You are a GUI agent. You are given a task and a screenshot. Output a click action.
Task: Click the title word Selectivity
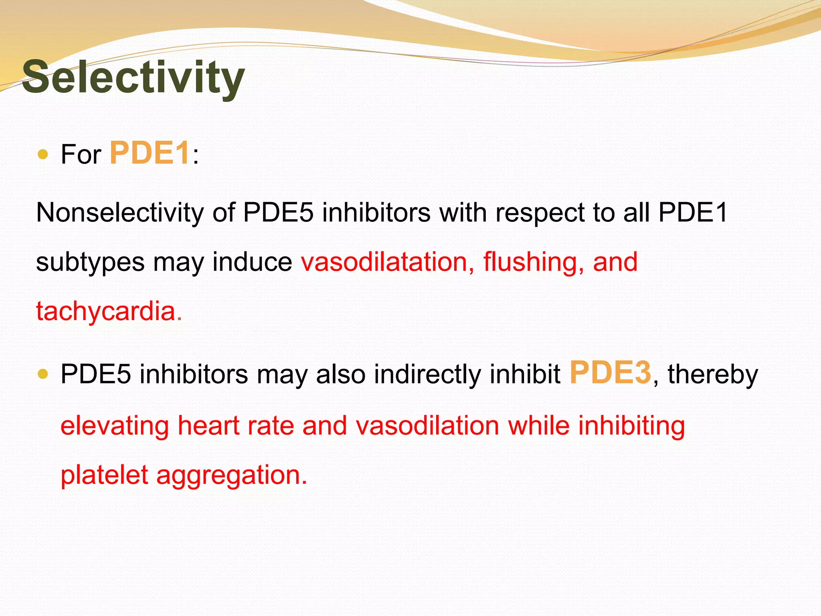click(x=133, y=77)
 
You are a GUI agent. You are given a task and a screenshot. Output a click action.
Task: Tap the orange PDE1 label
click(x=150, y=153)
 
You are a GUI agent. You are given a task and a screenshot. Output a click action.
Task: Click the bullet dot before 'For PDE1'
click(x=42, y=154)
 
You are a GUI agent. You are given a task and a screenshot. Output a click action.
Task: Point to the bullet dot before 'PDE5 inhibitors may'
click(x=42, y=374)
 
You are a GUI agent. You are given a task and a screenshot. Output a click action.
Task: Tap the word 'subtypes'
click(x=90, y=263)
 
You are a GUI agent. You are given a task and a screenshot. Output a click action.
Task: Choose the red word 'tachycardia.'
click(x=109, y=311)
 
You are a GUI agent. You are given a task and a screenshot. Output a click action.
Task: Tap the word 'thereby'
click(x=713, y=375)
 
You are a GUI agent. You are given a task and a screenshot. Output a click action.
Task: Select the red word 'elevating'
click(x=115, y=426)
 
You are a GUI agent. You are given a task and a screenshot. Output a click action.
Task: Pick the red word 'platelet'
click(x=104, y=475)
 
